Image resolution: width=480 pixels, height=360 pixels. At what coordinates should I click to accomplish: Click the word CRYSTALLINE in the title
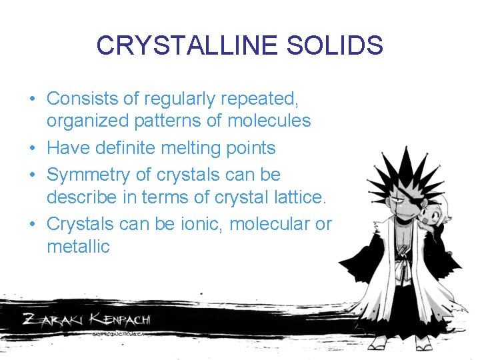pyautogui.click(x=179, y=45)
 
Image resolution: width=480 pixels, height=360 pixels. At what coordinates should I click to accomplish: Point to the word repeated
pyautogui.click(x=262, y=99)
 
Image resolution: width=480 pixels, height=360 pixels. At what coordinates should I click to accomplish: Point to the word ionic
pyautogui.click(x=199, y=223)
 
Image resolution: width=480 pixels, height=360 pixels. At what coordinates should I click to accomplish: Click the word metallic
pyautogui.click(x=78, y=246)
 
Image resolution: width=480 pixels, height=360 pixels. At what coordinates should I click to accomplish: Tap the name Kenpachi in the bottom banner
pyautogui.click(x=120, y=318)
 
